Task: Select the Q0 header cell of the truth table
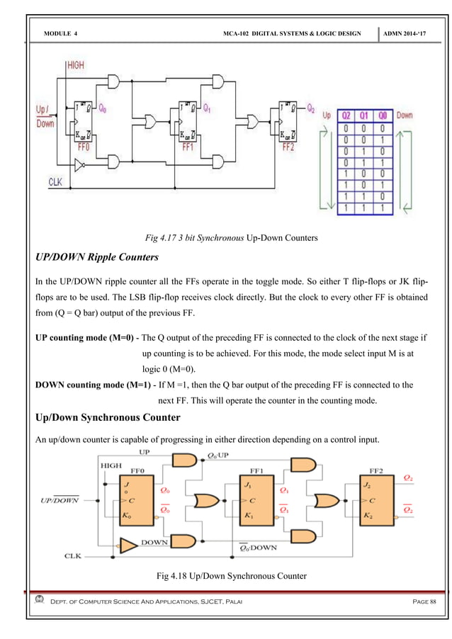click(382, 115)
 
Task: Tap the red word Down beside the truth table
click(405, 115)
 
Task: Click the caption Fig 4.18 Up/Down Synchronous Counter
click(231, 576)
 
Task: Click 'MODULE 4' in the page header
click(60, 34)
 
